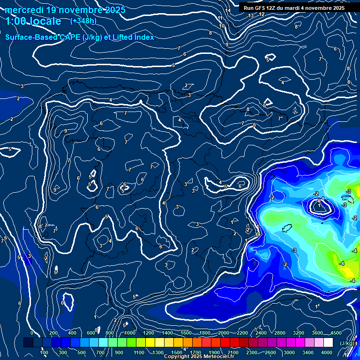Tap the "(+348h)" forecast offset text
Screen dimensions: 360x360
pos(84,21)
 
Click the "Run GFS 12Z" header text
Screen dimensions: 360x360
pos(261,8)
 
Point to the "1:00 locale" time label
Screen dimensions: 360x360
pos(33,21)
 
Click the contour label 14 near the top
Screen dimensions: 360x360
pos(228,10)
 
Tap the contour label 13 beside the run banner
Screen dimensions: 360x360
pos(251,15)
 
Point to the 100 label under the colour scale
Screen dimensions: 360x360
pos(44,352)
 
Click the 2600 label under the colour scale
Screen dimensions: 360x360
pos(270,352)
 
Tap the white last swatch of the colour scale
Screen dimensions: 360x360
pos(328,343)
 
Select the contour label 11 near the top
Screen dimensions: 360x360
pos(220,18)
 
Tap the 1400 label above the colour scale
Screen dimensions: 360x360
pos(167,333)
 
